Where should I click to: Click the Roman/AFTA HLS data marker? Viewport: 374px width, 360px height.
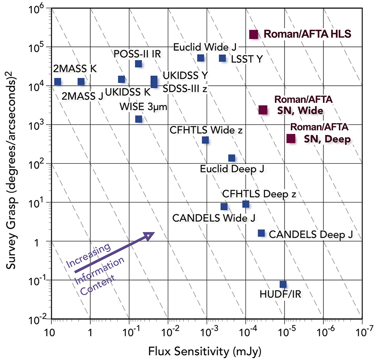(253, 35)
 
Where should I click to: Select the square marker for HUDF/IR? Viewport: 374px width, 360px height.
(283, 284)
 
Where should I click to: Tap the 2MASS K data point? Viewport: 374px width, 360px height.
(58, 82)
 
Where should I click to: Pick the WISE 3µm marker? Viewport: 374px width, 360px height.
(139, 119)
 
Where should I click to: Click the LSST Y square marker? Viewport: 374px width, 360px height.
(222, 58)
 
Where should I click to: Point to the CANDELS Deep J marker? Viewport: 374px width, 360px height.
(261, 233)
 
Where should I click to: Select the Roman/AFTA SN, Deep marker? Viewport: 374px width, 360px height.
(291, 138)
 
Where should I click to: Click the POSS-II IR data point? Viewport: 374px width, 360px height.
(139, 64)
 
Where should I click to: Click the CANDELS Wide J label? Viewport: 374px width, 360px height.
(214, 217)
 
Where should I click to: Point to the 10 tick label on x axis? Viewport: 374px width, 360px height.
(51, 333)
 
